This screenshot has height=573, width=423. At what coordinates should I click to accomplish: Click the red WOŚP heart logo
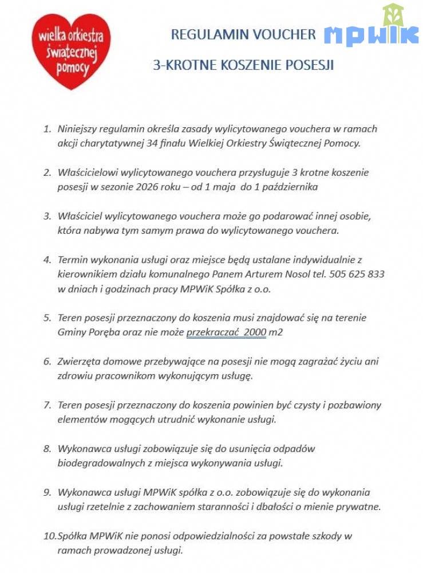click(71, 51)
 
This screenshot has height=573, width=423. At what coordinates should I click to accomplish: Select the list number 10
click(50, 536)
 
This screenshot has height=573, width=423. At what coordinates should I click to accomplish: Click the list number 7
click(48, 405)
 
